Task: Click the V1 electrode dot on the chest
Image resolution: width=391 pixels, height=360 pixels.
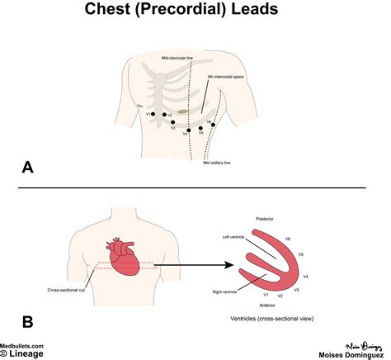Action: [153, 115]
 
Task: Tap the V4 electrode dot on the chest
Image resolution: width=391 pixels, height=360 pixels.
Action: [190, 130]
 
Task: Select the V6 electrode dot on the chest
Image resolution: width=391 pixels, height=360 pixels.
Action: [214, 124]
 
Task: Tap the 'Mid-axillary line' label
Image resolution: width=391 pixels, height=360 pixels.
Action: [217, 163]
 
